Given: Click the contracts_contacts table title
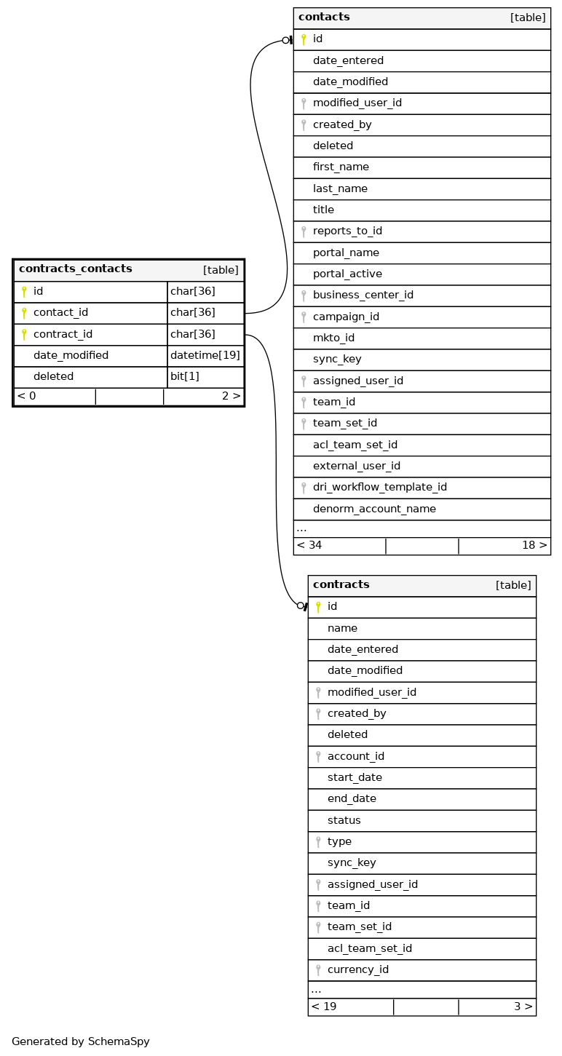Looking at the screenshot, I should [x=76, y=269].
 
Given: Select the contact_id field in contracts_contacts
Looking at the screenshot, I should [x=60, y=313].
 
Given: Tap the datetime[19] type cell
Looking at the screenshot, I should [x=205, y=356].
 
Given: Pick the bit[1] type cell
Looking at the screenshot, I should [x=185, y=377].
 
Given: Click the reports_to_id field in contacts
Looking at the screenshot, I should [x=347, y=231].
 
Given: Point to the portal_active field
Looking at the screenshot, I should [x=347, y=274].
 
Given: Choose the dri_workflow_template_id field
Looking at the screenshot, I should [x=380, y=488].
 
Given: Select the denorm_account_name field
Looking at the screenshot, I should [x=374, y=509].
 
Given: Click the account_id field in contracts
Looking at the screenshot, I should [x=355, y=756].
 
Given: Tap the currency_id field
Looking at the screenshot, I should [x=358, y=969].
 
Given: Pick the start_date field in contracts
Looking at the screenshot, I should [x=355, y=777].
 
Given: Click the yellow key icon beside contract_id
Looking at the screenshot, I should [x=24, y=335].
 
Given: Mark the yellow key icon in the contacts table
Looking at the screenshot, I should [x=304, y=39].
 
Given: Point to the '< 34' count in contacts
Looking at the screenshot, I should [x=309, y=545].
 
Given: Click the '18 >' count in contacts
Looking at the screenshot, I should [x=534, y=545].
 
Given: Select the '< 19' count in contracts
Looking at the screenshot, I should [x=324, y=1007].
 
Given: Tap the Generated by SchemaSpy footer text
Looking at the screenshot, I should [x=81, y=1041].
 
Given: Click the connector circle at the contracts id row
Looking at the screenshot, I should [x=300, y=606].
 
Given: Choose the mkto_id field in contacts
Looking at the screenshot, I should [x=333, y=338].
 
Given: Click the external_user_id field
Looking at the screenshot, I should [x=357, y=466].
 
